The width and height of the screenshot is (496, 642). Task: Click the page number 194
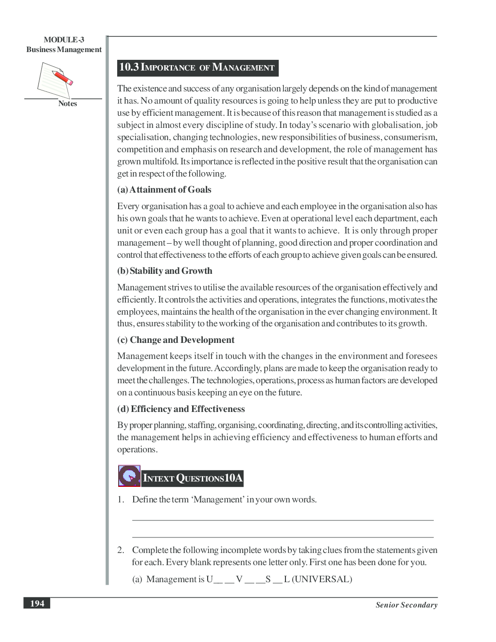pos(37,604)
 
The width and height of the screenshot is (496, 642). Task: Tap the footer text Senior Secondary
pos(406,605)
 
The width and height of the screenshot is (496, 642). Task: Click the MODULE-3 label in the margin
pos(64,40)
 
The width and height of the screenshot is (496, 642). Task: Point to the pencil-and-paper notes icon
pos(54,80)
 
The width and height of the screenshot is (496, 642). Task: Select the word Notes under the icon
pos(68,104)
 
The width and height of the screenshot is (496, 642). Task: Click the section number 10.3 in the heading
pos(129,67)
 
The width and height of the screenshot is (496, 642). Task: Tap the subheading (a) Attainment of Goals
pos(164,190)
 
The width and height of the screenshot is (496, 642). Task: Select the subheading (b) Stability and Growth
pos(164,271)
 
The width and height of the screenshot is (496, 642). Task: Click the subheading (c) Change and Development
pos(176,340)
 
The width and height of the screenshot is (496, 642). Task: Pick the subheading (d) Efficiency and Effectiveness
pos(181,409)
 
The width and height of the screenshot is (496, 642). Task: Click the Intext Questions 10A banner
pos(193,478)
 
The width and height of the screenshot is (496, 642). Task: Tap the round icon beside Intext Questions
pos(129,476)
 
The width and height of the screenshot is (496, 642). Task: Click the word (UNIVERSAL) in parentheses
pos(322,579)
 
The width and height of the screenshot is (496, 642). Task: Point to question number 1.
pos(121,499)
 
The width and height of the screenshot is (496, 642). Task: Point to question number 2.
pos(121,550)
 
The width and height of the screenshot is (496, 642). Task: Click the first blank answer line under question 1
pos(283,520)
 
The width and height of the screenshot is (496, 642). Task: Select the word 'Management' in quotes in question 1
pos(218,499)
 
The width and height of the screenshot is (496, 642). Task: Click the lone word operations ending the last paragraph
pos(137,449)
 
